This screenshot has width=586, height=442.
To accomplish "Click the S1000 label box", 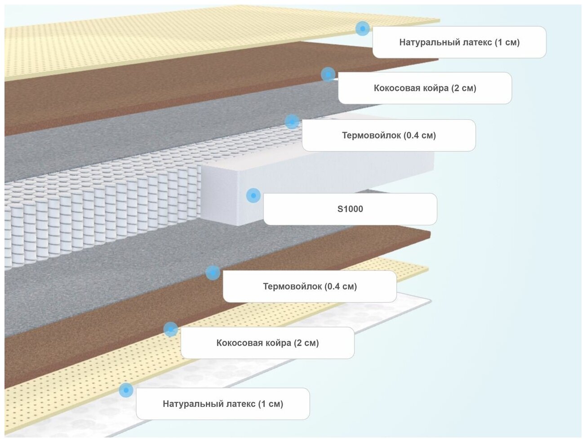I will click(350, 209).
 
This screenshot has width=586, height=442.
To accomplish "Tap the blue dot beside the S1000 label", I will click(253, 196).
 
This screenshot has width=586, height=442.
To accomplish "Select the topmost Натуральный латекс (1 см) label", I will click(459, 42).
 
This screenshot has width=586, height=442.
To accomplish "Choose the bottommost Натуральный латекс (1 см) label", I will click(223, 404).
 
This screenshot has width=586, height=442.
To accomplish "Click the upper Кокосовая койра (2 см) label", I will click(425, 88).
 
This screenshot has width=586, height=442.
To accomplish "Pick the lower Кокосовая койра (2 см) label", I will click(267, 343).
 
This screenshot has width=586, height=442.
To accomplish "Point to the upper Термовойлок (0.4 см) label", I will click(389, 135).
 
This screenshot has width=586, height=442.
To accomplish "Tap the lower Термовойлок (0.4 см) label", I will click(310, 286).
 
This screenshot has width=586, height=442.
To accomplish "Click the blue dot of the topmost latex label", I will click(362, 29).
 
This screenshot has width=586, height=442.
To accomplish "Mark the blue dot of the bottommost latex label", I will click(126, 390).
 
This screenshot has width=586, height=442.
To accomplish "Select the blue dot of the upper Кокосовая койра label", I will click(328, 74).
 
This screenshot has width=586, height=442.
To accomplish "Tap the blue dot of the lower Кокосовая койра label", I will click(170, 329).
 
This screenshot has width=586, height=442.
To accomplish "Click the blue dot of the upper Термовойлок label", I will click(292, 121).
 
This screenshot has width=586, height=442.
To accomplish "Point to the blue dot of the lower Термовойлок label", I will click(213, 272).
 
